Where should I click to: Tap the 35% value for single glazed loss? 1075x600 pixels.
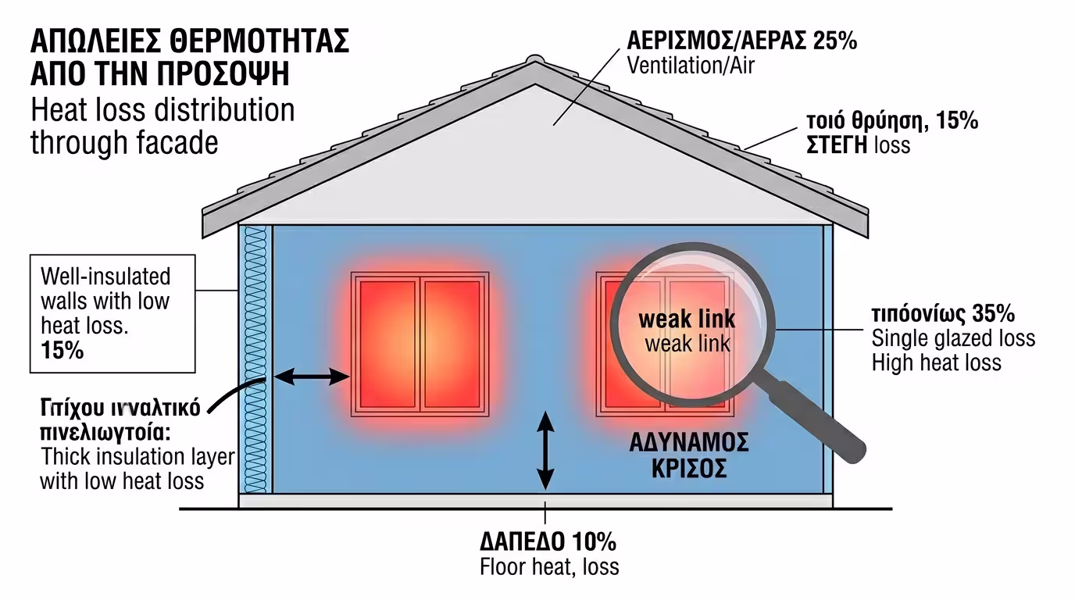pyautogui.click(x=994, y=315)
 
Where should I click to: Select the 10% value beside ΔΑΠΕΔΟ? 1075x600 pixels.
pyautogui.click(x=595, y=541)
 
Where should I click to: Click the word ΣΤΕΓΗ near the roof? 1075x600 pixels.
pyautogui.click(x=836, y=145)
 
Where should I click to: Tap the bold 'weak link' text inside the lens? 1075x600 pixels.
pyautogui.click(x=687, y=320)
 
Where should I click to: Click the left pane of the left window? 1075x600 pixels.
pyautogui.click(x=387, y=344)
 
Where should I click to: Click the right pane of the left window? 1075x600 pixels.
pyautogui.click(x=452, y=344)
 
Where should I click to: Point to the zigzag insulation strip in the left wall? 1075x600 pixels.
pyautogui.click(x=255, y=359)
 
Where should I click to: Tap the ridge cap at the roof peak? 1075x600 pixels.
pyautogui.click(x=534, y=60)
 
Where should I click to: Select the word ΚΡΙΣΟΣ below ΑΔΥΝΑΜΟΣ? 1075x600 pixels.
pyautogui.click(x=689, y=469)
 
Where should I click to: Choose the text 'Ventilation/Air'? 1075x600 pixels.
pyautogui.click(x=691, y=65)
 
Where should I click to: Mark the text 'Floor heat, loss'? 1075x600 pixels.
pyautogui.click(x=549, y=566)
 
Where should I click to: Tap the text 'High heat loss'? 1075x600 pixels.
pyautogui.click(x=936, y=362)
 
